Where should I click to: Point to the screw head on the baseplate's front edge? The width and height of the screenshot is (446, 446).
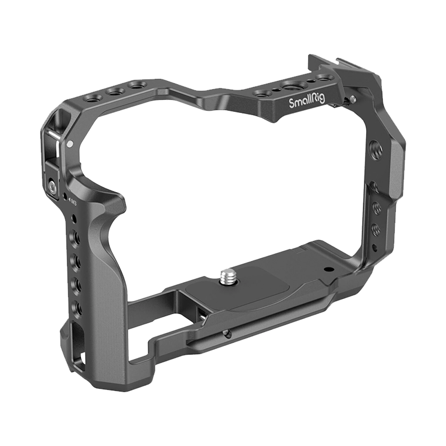(x=226, y=334)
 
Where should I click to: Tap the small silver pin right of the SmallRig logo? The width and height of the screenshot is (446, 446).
(x=350, y=101)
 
